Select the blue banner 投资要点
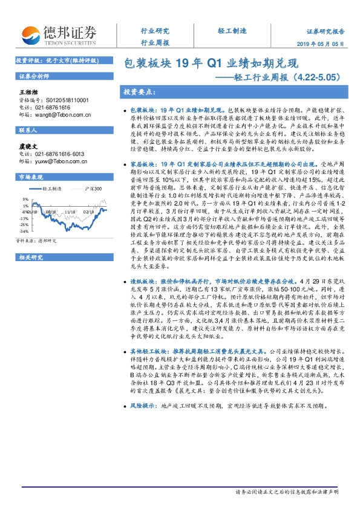[140, 92]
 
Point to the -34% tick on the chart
[24, 232]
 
